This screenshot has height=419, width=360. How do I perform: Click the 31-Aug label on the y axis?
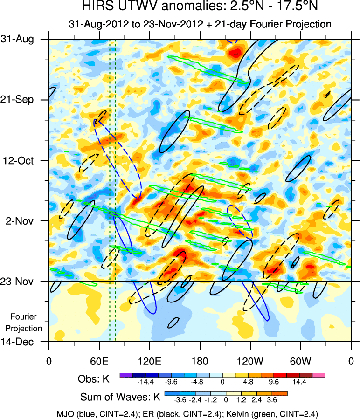(21, 40)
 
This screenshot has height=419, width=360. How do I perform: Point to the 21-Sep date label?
(21, 100)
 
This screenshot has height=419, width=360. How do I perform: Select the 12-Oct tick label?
(21, 160)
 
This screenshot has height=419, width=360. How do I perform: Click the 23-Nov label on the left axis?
(21, 281)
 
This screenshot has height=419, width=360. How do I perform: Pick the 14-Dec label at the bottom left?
(21, 342)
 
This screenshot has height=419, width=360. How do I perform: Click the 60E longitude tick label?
(99, 361)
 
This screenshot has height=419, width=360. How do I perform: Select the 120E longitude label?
(149, 361)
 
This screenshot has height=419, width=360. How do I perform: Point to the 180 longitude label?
(200, 361)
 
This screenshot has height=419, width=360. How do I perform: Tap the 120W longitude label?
(250, 361)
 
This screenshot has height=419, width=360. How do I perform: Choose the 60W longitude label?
(301, 361)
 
